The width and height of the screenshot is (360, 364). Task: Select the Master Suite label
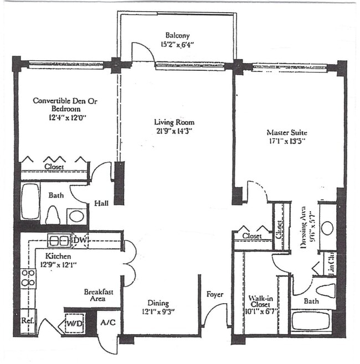[286, 132]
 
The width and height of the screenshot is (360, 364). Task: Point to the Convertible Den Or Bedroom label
[60, 105]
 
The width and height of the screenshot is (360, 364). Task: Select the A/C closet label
[107, 323]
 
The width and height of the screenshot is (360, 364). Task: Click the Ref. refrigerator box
[27, 320]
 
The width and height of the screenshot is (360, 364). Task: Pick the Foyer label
[214, 294]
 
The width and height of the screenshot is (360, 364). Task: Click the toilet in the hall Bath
[53, 214]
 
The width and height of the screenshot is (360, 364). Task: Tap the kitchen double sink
[58, 240]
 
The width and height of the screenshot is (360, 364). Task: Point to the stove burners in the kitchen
[28, 278]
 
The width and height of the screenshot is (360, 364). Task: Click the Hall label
[101, 202]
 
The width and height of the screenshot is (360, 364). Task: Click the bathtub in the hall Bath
[30, 201]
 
